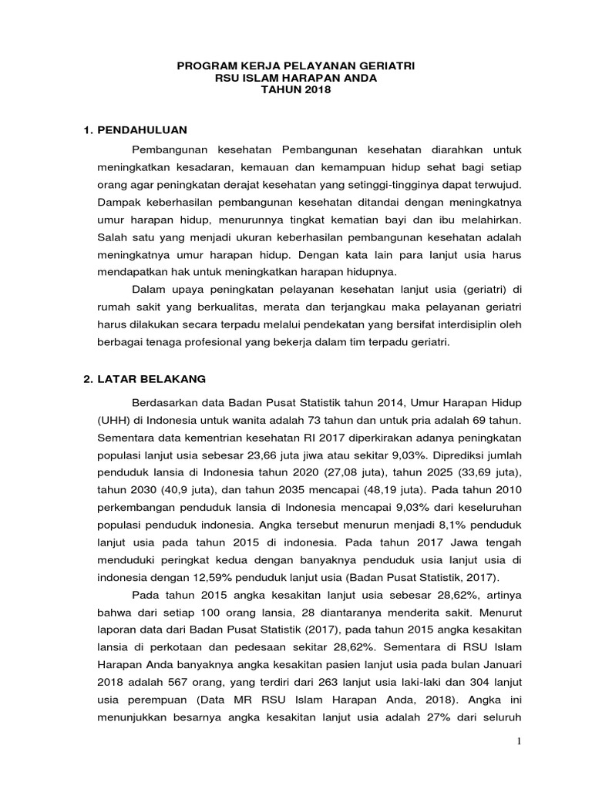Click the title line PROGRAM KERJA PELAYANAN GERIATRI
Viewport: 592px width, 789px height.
point(295,67)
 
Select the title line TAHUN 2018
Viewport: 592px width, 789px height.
point(295,90)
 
